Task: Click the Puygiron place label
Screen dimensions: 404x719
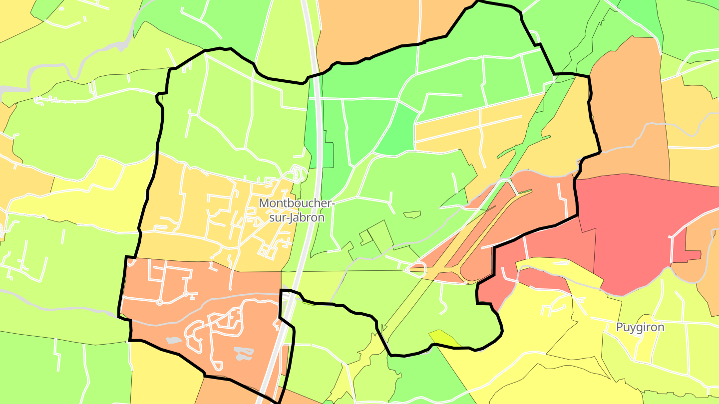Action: [640, 327]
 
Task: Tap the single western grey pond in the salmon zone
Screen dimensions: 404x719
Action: [173, 341]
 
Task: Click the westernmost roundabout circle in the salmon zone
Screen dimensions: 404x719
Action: [159, 302]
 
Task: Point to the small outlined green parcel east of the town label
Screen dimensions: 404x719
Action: [412, 215]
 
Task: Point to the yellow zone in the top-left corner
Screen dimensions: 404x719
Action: [15, 20]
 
